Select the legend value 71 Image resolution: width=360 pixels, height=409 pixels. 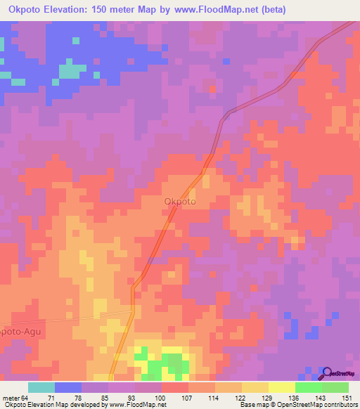coord(51,397)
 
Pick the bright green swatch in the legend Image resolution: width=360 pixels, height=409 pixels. coord(308,387)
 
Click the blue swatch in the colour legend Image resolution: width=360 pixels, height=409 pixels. coord(67,387)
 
